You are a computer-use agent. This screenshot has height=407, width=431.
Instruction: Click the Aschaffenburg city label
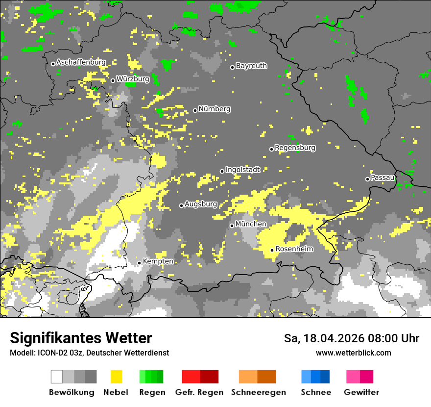click(x=81, y=63)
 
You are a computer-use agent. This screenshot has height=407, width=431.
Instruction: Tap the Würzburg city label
click(x=133, y=79)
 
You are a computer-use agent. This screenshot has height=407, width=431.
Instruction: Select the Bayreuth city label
click(x=251, y=66)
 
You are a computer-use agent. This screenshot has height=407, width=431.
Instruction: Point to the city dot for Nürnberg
click(x=195, y=110)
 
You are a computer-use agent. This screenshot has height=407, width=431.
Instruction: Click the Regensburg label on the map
click(x=295, y=148)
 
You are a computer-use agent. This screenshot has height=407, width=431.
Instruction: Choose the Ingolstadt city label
click(x=242, y=170)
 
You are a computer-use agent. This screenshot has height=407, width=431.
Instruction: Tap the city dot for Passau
click(x=367, y=179)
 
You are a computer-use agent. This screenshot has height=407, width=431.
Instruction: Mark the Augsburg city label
click(x=201, y=204)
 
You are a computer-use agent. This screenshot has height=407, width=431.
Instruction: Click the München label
click(x=251, y=224)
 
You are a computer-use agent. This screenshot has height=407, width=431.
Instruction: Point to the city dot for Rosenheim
click(x=272, y=250)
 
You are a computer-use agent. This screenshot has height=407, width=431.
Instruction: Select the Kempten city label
click(x=158, y=261)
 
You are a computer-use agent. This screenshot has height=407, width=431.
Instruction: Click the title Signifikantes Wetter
click(x=81, y=338)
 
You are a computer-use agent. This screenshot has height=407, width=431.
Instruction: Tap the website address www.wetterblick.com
click(x=353, y=353)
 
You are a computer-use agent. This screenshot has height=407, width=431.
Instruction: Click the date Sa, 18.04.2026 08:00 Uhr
click(x=351, y=338)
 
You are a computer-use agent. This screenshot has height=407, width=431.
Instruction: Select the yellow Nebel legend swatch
click(x=116, y=377)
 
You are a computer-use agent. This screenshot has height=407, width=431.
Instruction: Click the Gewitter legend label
click(x=361, y=392)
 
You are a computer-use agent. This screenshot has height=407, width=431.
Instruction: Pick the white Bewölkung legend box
click(x=57, y=377)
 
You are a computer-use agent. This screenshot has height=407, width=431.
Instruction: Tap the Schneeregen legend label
click(x=258, y=392)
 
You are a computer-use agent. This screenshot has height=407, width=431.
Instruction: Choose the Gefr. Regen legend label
click(x=199, y=392)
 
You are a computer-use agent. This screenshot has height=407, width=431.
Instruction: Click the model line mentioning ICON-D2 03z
click(x=89, y=353)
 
